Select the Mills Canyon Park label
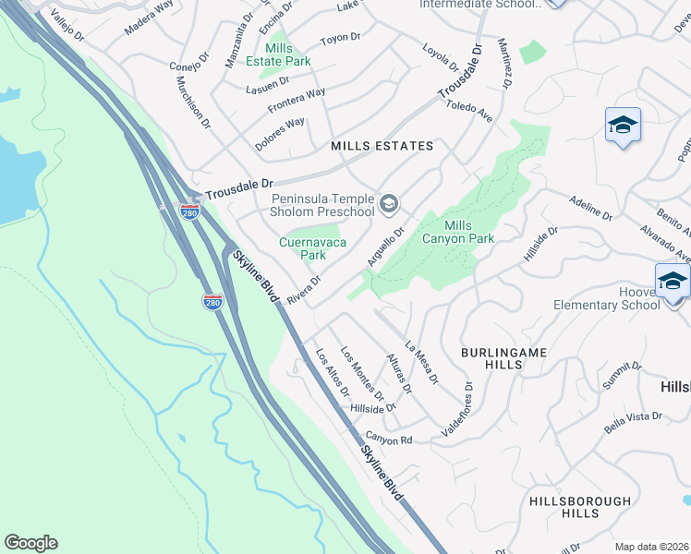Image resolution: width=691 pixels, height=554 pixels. pyautogui.click(x=469, y=232)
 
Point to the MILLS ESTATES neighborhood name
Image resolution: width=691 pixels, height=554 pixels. pyautogui.click(x=382, y=146)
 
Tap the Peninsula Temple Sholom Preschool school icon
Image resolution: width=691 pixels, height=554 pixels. pyautogui.click(x=389, y=201)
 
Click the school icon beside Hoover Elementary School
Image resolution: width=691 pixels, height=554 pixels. pyautogui.click(x=672, y=281)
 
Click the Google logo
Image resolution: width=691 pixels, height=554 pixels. pyautogui.click(x=30, y=543)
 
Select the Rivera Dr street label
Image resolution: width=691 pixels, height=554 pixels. pyautogui.click(x=303, y=289)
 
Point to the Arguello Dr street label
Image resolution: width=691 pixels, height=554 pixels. pyautogui.click(x=386, y=247)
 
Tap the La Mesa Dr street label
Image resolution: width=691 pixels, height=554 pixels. pyautogui.click(x=422, y=361)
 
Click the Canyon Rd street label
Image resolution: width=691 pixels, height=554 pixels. pyautogui.click(x=388, y=440)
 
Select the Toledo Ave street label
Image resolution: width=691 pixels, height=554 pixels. pyautogui.click(x=469, y=113)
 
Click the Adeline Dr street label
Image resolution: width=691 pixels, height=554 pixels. pyautogui.click(x=591, y=208)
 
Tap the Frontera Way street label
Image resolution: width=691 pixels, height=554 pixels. pyautogui.click(x=297, y=100)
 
